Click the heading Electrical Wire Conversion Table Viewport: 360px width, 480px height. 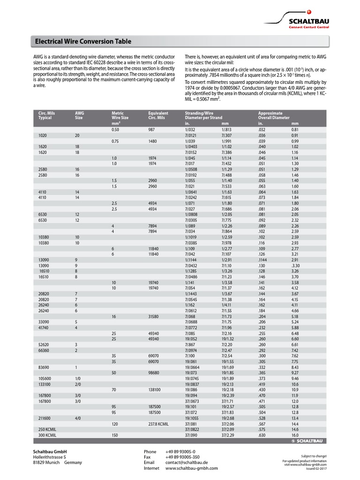(x=80, y=41)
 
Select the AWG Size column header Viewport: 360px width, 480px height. (x=79, y=115)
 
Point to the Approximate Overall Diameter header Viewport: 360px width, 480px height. (x=274, y=115)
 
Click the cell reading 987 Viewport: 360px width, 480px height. (x=151, y=129)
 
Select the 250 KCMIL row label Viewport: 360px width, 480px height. (x=47, y=429)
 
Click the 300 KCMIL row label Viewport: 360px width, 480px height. (x=47, y=435)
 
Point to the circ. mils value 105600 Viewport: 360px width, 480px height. (x=45, y=378)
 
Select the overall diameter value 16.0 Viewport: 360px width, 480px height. (x=295, y=435)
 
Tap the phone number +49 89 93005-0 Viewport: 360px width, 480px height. (x=180, y=451)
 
